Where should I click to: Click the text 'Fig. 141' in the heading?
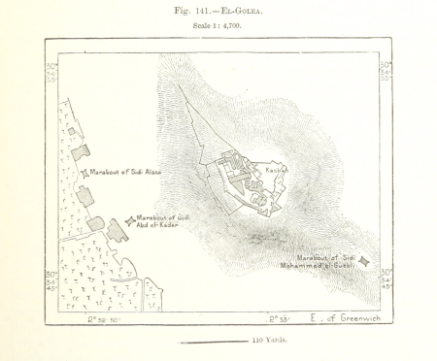pos(190,11)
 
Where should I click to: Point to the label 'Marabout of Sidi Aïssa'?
pos(123,172)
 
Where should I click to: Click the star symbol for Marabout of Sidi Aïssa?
pos(84,173)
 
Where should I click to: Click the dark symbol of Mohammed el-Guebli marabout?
pos(363,261)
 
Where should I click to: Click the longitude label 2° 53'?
pos(280,317)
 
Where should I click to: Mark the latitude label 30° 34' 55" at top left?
pos(51,72)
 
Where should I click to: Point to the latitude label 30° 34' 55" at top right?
pos(387,72)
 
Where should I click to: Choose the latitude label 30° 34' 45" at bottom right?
pos(387,280)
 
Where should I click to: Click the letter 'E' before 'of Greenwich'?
pos(314,317)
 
